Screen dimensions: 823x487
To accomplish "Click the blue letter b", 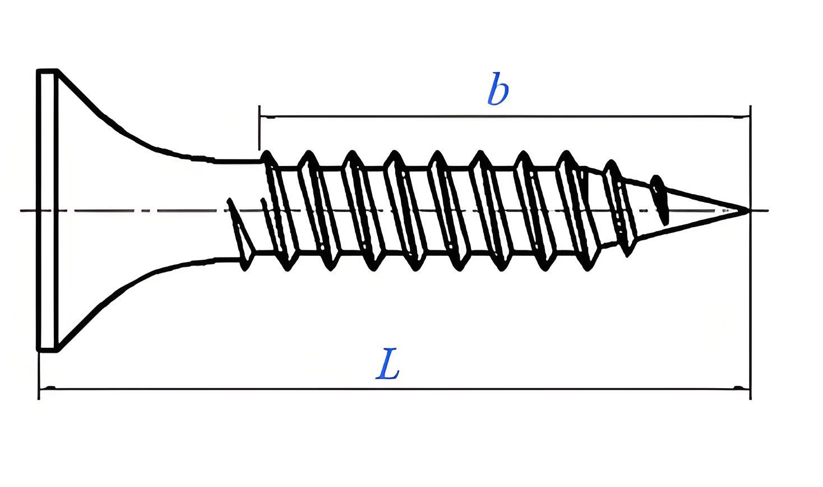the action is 498,89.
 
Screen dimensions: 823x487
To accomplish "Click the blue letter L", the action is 387,364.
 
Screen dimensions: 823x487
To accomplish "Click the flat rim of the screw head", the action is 48,210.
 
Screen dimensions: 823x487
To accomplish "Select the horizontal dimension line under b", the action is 505,117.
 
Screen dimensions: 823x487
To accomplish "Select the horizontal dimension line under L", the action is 395,388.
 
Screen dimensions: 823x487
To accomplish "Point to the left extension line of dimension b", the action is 259,128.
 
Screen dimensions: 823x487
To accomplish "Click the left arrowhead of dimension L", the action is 47,388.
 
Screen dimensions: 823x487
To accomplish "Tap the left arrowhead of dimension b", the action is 267,117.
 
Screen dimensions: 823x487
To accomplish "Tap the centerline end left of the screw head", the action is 21,210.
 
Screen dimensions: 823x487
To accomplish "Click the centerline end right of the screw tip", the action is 767,210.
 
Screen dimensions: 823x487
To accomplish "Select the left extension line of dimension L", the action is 39,375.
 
